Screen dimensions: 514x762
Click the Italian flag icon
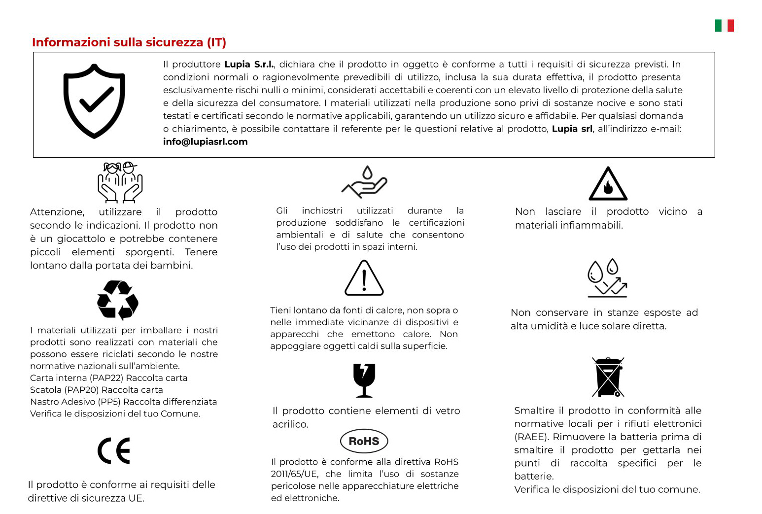(724, 26)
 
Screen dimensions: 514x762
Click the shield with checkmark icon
(94, 101)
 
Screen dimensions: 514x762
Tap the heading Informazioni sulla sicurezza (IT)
(129, 42)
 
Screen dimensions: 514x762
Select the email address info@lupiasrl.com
(205, 142)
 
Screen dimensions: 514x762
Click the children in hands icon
(120, 182)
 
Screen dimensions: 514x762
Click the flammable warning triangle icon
(608, 184)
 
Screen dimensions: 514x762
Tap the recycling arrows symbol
(118, 300)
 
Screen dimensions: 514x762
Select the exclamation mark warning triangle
(364, 278)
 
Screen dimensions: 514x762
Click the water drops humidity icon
(607, 278)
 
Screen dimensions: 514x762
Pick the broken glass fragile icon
(364, 380)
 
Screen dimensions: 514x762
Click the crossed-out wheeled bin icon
(608, 377)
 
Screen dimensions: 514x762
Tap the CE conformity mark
(114, 451)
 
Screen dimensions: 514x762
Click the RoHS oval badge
(364, 441)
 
